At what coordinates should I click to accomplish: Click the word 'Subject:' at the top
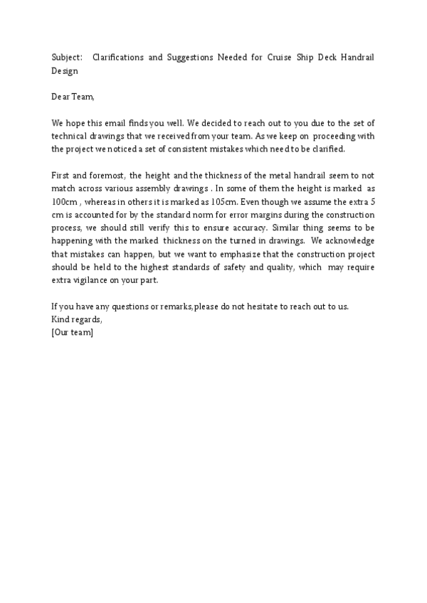pos(67,57)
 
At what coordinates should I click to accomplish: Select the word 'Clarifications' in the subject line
pos(118,57)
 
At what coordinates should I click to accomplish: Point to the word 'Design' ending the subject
pos(65,70)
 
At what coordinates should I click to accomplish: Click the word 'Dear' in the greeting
pos(62,96)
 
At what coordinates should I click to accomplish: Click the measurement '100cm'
pos(65,201)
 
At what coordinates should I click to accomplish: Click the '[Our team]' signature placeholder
pos(73,332)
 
